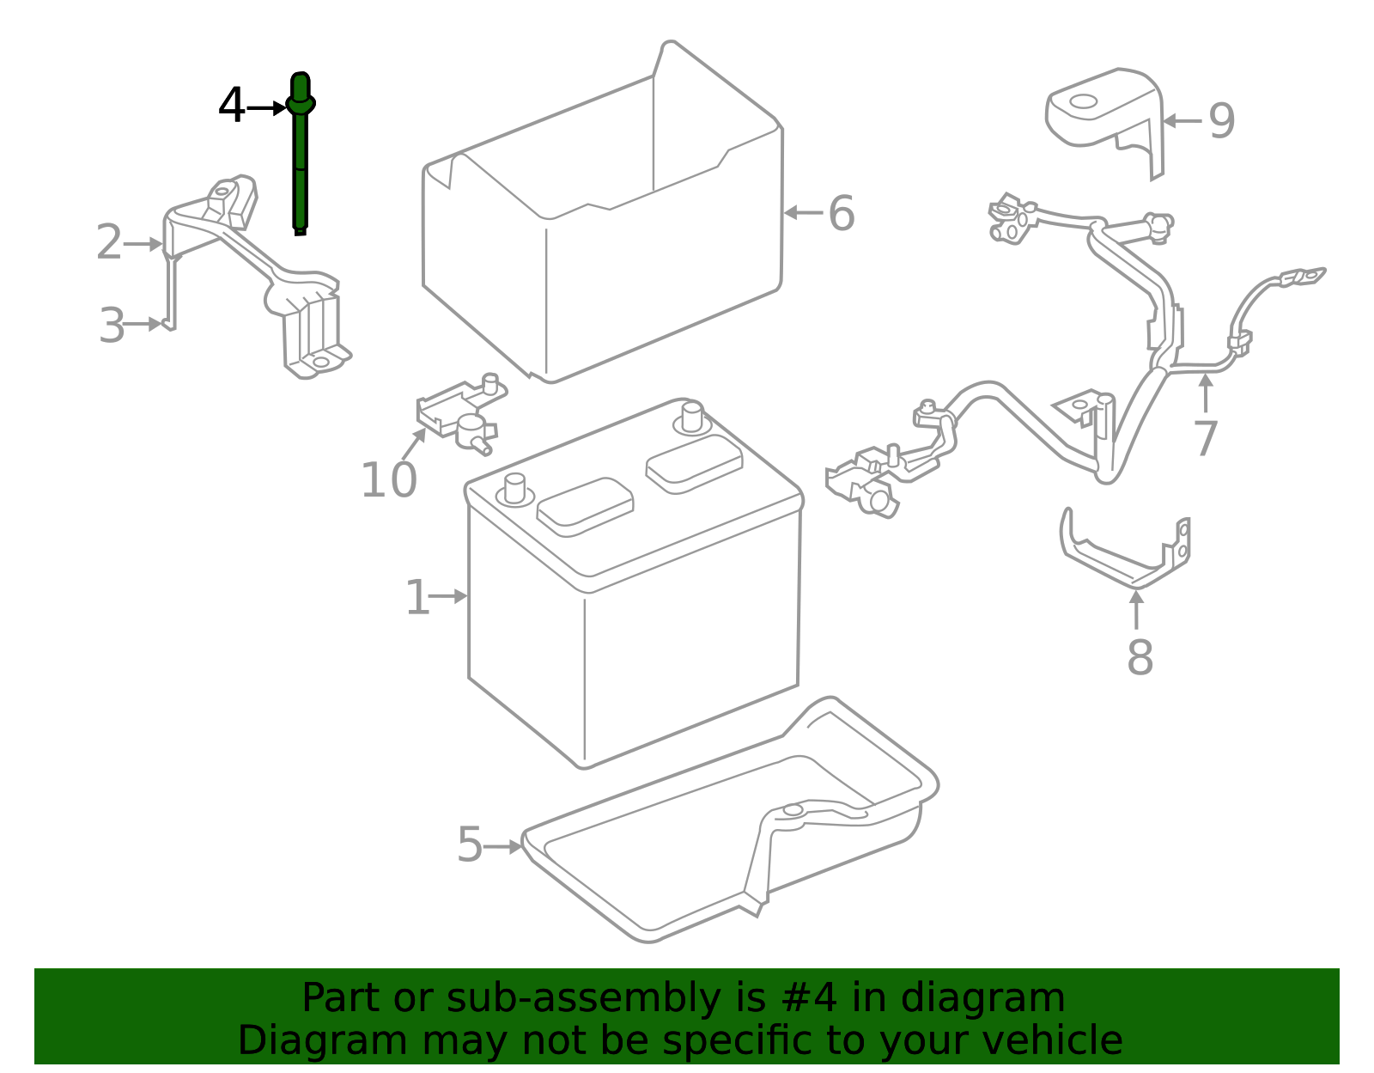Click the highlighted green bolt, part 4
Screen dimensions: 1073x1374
[300, 163]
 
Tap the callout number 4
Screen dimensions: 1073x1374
[232, 107]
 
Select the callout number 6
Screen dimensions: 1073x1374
[842, 213]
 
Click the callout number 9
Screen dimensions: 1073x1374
[1221, 121]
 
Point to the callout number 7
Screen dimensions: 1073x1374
[1206, 439]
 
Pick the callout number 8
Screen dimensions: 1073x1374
[1140, 658]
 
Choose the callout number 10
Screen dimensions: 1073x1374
[388, 480]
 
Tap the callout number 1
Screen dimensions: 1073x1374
[417, 598]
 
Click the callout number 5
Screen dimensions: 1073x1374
[470, 845]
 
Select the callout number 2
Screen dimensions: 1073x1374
[109, 243]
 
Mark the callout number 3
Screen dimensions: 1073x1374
[112, 326]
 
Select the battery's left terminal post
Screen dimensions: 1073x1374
[515, 490]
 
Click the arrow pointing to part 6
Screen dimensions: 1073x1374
[803, 212]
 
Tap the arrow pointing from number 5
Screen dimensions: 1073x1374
[503, 846]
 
